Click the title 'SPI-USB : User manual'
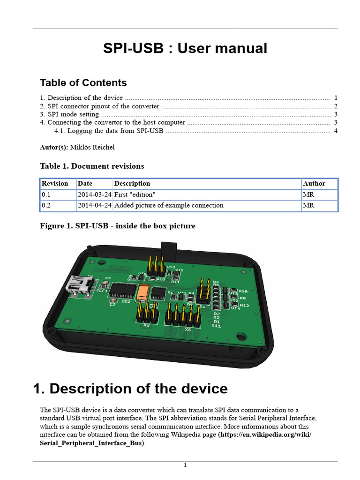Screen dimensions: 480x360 [x=185, y=48]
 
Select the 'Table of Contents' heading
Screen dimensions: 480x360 [x=83, y=83]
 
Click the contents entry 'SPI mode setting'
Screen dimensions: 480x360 [x=73, y=114]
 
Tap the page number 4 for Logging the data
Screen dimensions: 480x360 [x=336, y=131]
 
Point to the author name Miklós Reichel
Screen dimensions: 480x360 [x=92, y=147]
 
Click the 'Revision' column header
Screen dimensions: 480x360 [x=55, y=183]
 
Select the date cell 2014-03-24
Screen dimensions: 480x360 [x=94, y=194]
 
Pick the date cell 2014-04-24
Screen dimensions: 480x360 [x=94, y=205]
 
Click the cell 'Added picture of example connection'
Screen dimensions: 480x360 [x=169, y=205]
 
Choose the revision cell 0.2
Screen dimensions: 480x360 [x=46, y=205]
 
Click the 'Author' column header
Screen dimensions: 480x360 [x=314, y=183]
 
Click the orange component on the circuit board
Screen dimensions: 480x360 [x=143, y=292]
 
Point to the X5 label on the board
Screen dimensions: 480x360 [x=187, y=329]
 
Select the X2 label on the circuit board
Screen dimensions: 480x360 [x=146, y=324]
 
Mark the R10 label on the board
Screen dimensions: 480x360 [x=243, y=291]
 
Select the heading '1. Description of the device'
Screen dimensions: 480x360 [x=130, y=389]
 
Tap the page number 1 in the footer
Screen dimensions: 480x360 [x=185, y=465]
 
